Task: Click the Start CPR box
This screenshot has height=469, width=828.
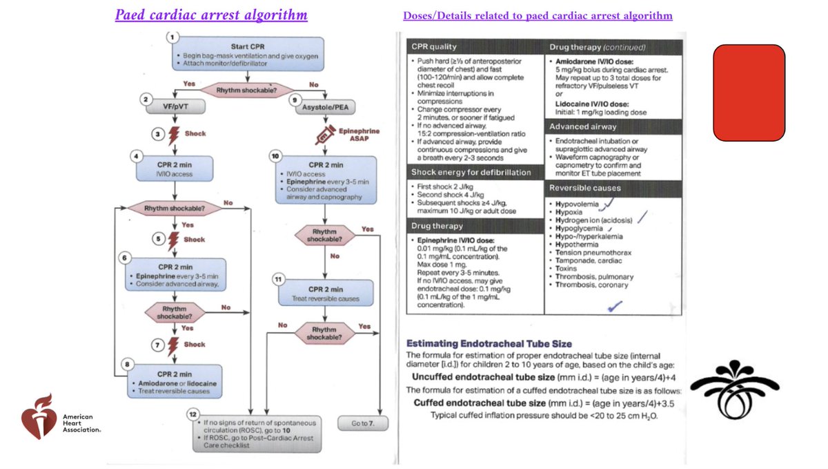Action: (248, 54)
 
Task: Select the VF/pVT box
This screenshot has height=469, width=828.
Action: (175, 106)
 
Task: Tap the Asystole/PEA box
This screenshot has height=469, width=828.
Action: (325, 107)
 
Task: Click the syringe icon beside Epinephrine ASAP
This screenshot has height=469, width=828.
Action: (325, 135)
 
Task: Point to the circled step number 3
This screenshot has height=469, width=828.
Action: (158, 134)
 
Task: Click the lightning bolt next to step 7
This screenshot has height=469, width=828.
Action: (173, 346)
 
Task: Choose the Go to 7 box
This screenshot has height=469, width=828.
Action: (363, 423)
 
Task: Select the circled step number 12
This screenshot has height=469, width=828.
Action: (193, 414)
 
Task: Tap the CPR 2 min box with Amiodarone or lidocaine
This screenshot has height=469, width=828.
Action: (175, 381)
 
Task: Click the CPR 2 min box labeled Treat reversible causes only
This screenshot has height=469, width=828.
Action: (326, 293)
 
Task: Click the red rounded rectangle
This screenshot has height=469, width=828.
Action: (749, 93)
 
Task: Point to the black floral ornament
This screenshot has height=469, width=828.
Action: (734, 389)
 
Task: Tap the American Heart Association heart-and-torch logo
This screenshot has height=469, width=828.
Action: (39, 417)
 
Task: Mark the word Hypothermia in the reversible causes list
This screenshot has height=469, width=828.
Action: (577, 245)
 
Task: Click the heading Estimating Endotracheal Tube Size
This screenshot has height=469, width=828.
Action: (489, 344)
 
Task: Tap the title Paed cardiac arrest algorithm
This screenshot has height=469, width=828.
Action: (211, 15)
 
